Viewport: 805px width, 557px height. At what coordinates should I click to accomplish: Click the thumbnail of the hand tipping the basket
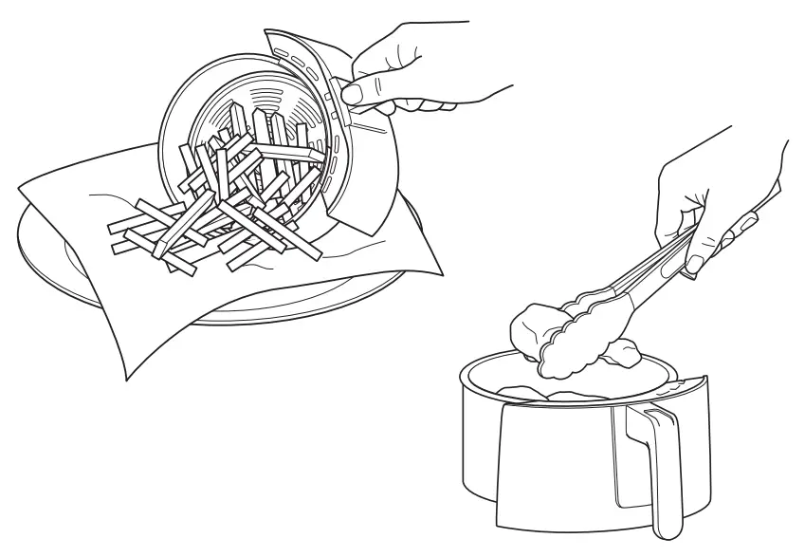(354, 93)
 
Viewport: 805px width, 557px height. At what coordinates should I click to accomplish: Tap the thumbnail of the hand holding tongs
(694, 264)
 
